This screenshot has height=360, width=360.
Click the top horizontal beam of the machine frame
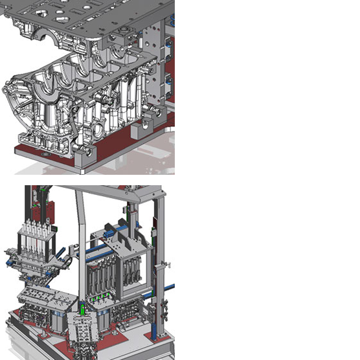110,190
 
